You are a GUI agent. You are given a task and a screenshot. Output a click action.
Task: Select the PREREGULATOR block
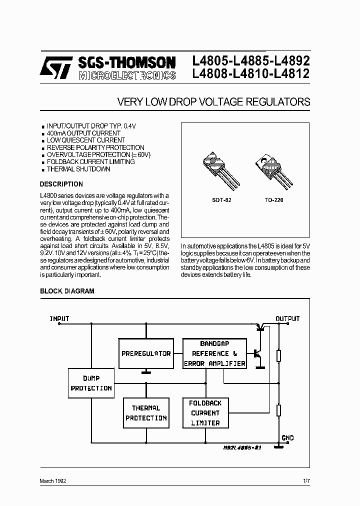(146, 353)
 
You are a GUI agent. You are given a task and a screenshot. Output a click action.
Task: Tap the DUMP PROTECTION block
(91, 383)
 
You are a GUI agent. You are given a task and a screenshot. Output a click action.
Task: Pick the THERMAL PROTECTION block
(146, 413)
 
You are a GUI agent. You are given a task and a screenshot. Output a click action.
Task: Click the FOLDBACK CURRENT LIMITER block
(205, 413)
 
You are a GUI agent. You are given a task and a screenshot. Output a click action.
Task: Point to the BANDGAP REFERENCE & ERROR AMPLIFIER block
(214, 354)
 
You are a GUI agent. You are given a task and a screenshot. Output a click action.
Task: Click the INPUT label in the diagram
(59, 318)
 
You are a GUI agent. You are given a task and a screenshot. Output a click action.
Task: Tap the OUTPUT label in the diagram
(287, 318)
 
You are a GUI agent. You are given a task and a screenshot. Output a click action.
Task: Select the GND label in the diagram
(287, 438)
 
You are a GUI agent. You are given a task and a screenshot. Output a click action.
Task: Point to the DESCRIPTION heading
(61, 184)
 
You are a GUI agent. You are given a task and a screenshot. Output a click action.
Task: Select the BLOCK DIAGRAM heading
(67, 291)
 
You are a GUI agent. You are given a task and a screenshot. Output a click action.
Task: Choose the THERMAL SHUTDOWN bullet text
(78, 169)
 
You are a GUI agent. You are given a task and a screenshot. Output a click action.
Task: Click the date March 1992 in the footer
(53, 480)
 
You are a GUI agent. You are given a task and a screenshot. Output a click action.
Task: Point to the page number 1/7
(306, 480)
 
